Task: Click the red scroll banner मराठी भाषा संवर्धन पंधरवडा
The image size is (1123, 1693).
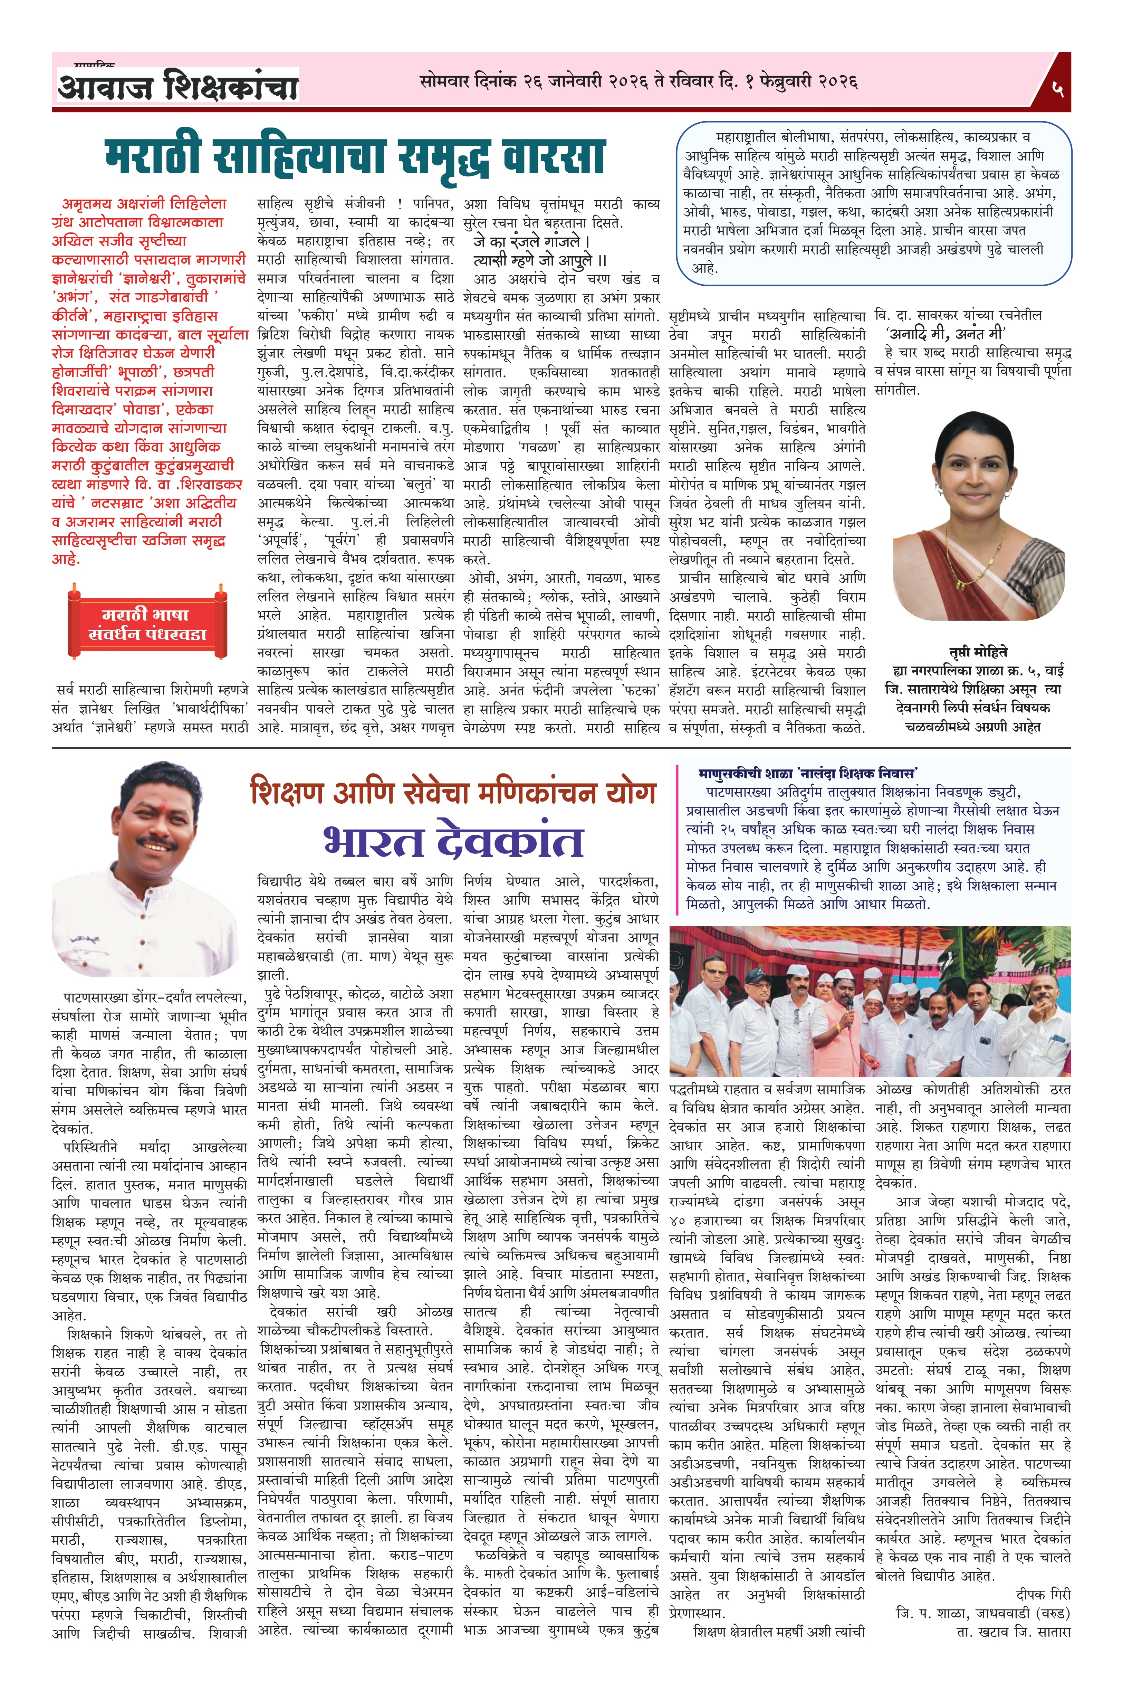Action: coord(147,624)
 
